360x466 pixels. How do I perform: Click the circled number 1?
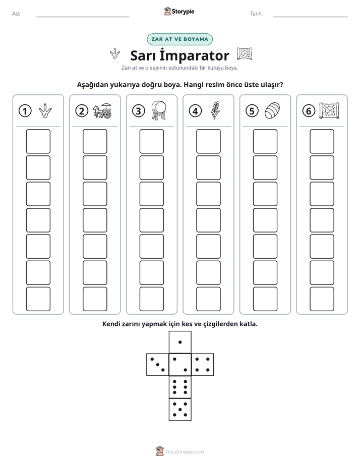(x=25, y=111)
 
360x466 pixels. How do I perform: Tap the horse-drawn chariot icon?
(x=102, y=110)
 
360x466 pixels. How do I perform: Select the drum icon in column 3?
(x=159, y=110)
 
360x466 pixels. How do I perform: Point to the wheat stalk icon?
(x=215, y=110)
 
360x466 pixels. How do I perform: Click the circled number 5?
(x=252, y=111)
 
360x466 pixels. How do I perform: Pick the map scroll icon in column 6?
(x=329, y=110)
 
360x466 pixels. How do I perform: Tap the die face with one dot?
(x=180, y=342)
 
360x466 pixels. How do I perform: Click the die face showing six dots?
(x=180, y=387)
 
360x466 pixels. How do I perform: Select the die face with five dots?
(x=180, y=409)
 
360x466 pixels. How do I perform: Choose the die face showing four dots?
(x=203, y=365)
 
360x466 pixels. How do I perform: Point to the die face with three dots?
(x=158, y=365)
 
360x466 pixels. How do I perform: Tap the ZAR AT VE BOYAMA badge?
(x=179, y=39)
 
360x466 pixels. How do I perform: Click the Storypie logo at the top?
(x=179, y=12)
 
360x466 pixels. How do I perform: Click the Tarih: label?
(x=256, y=14)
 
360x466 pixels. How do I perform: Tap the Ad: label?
(x=16, y=14)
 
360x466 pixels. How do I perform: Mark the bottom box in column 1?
(x=38, y=299)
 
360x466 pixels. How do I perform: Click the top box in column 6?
(x=322, y=141)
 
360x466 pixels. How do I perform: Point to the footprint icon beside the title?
(x=115, y=53)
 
